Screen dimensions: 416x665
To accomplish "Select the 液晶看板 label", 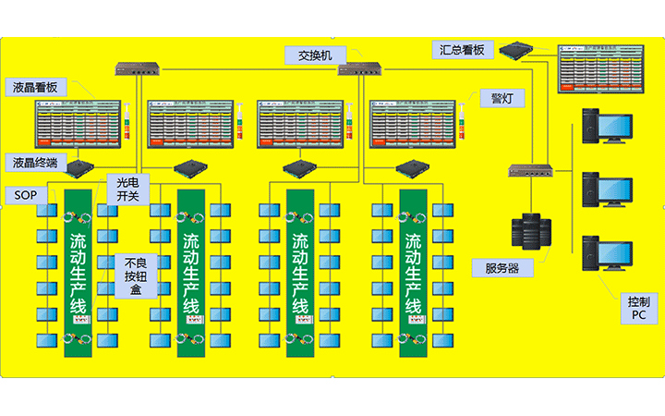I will tap(36, 88).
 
